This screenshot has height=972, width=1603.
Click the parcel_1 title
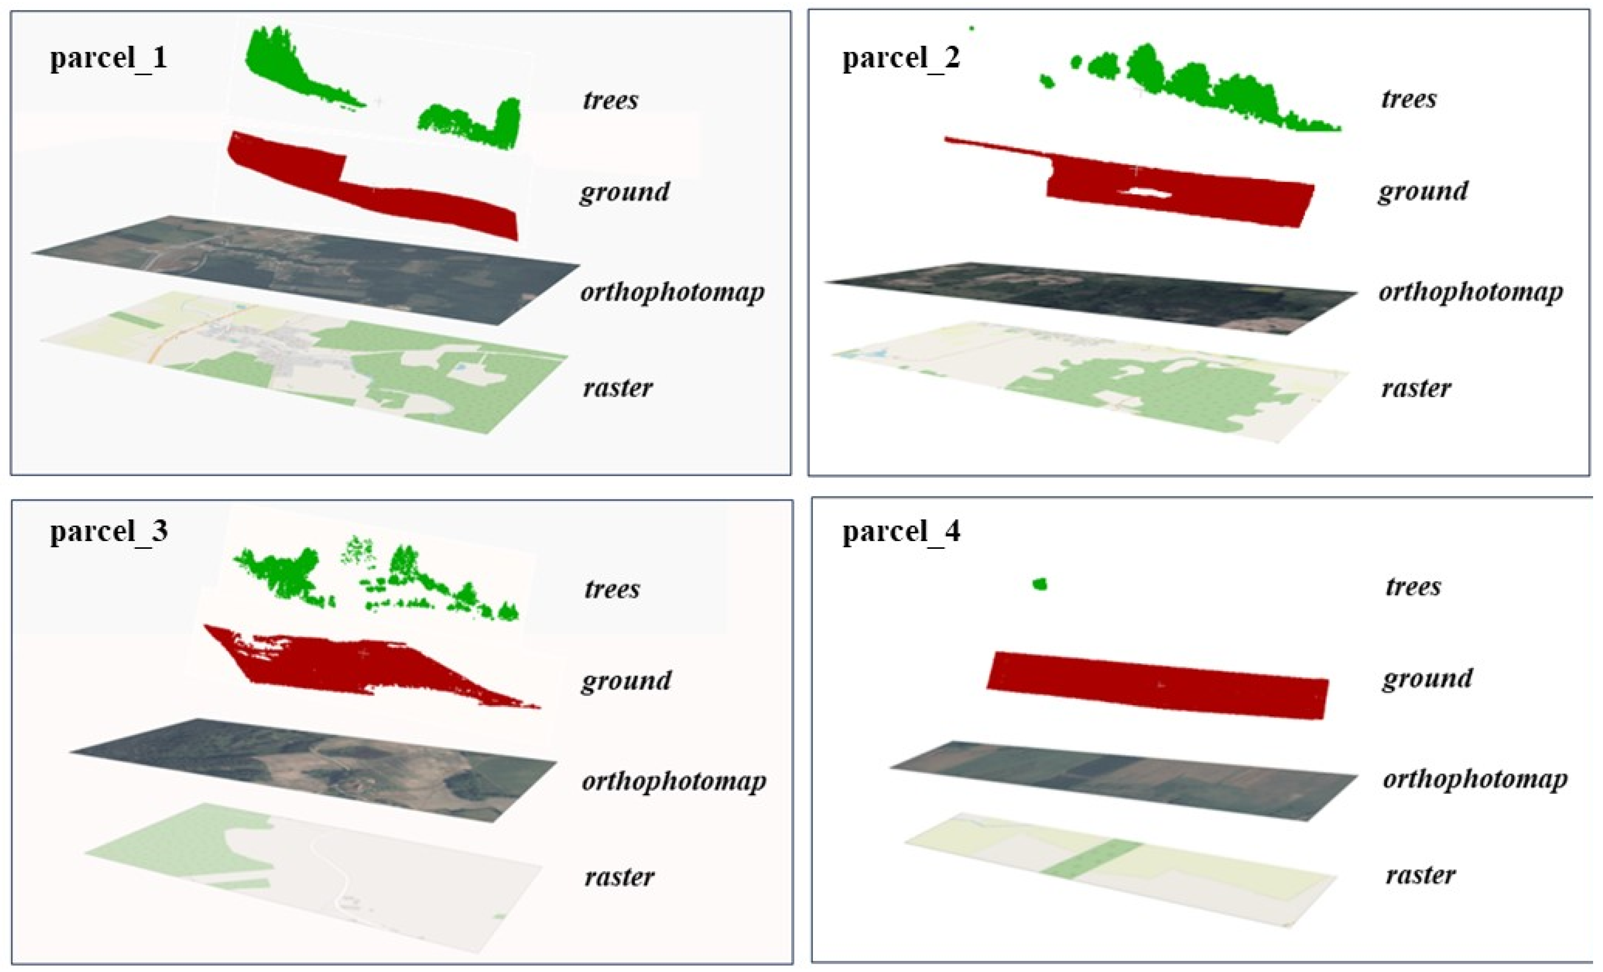pos(109,58)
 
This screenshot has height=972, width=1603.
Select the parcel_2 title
pos(901,58)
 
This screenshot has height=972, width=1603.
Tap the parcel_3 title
pos(109,531)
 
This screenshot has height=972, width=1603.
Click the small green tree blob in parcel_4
pos(1040,584)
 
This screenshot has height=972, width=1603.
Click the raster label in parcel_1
pos(617,388)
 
